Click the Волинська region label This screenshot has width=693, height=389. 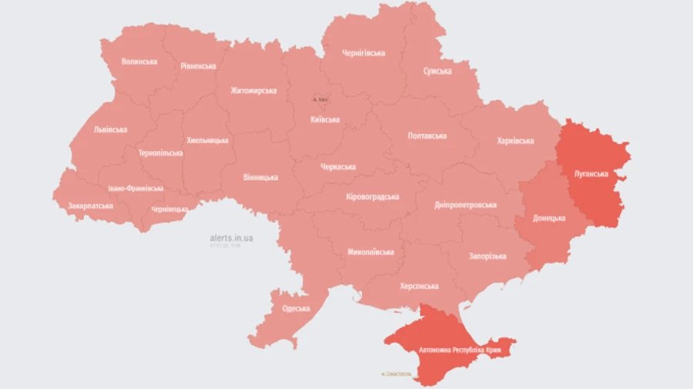[139, 62]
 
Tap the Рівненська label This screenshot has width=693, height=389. [199, 66]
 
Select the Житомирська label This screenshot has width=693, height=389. [253, 91]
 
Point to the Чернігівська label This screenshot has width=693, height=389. [363, 53]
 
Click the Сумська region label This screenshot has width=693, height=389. [437, 71]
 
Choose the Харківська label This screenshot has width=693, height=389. [515, 141]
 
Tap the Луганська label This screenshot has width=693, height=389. [591, 174]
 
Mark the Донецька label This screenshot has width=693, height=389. [549, 219]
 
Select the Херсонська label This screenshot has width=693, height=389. [419, 286]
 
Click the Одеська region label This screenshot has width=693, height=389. [296, 309]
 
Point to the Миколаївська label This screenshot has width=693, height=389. [370, 252]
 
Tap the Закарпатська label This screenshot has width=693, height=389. [90, 206]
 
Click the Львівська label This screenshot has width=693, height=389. [110, 130]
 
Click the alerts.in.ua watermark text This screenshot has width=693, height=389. [231, 238]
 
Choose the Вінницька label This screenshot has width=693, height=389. [260, 178]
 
